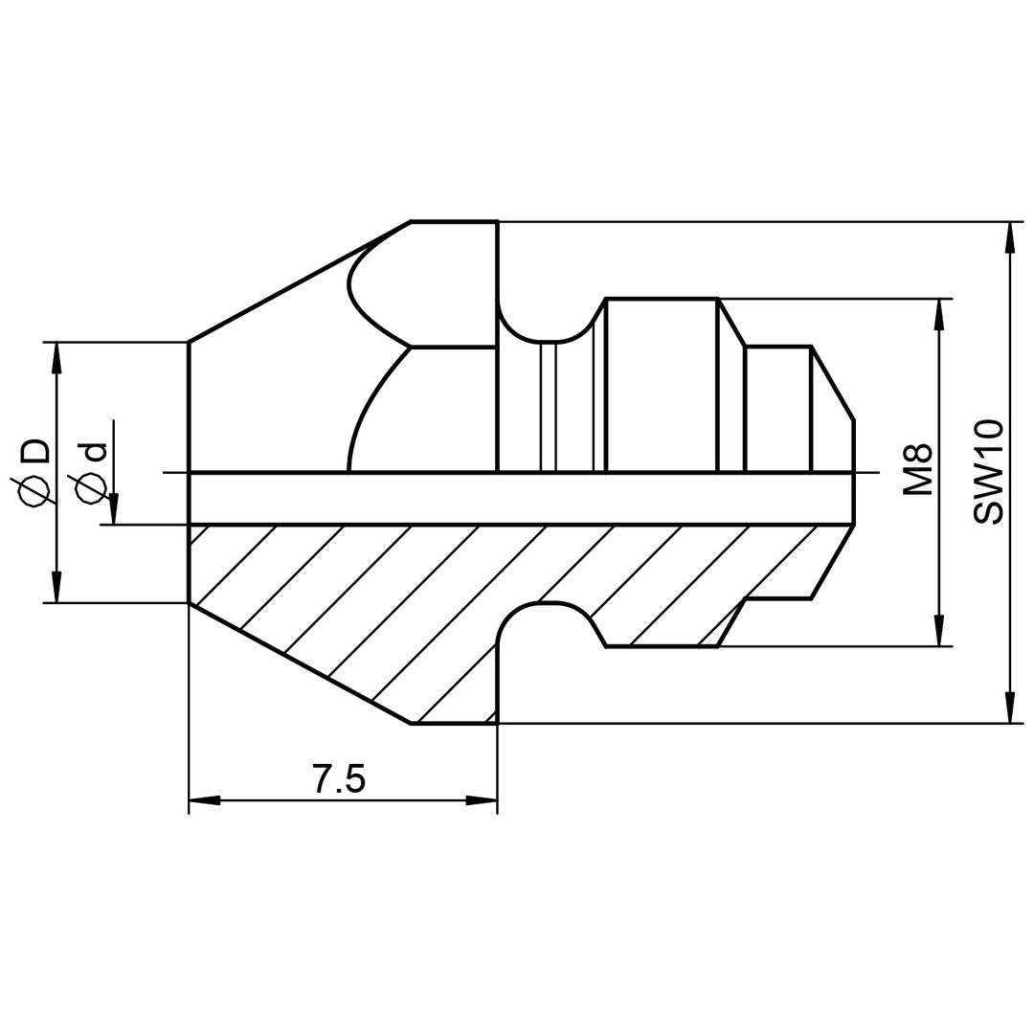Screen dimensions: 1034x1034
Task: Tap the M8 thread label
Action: click(x=918, y=469)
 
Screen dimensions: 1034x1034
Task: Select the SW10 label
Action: click(x=988, y=472)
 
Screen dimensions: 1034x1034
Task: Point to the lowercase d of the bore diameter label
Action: click(x=94, y=453)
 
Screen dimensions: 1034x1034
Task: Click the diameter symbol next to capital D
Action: click(x=35, y=491)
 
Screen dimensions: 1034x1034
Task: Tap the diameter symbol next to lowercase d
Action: click(x=91, y=489)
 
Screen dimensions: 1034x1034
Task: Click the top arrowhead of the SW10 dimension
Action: click(x=1009, y=237)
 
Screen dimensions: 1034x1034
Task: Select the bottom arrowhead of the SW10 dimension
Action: click(x=1009, y=708)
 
